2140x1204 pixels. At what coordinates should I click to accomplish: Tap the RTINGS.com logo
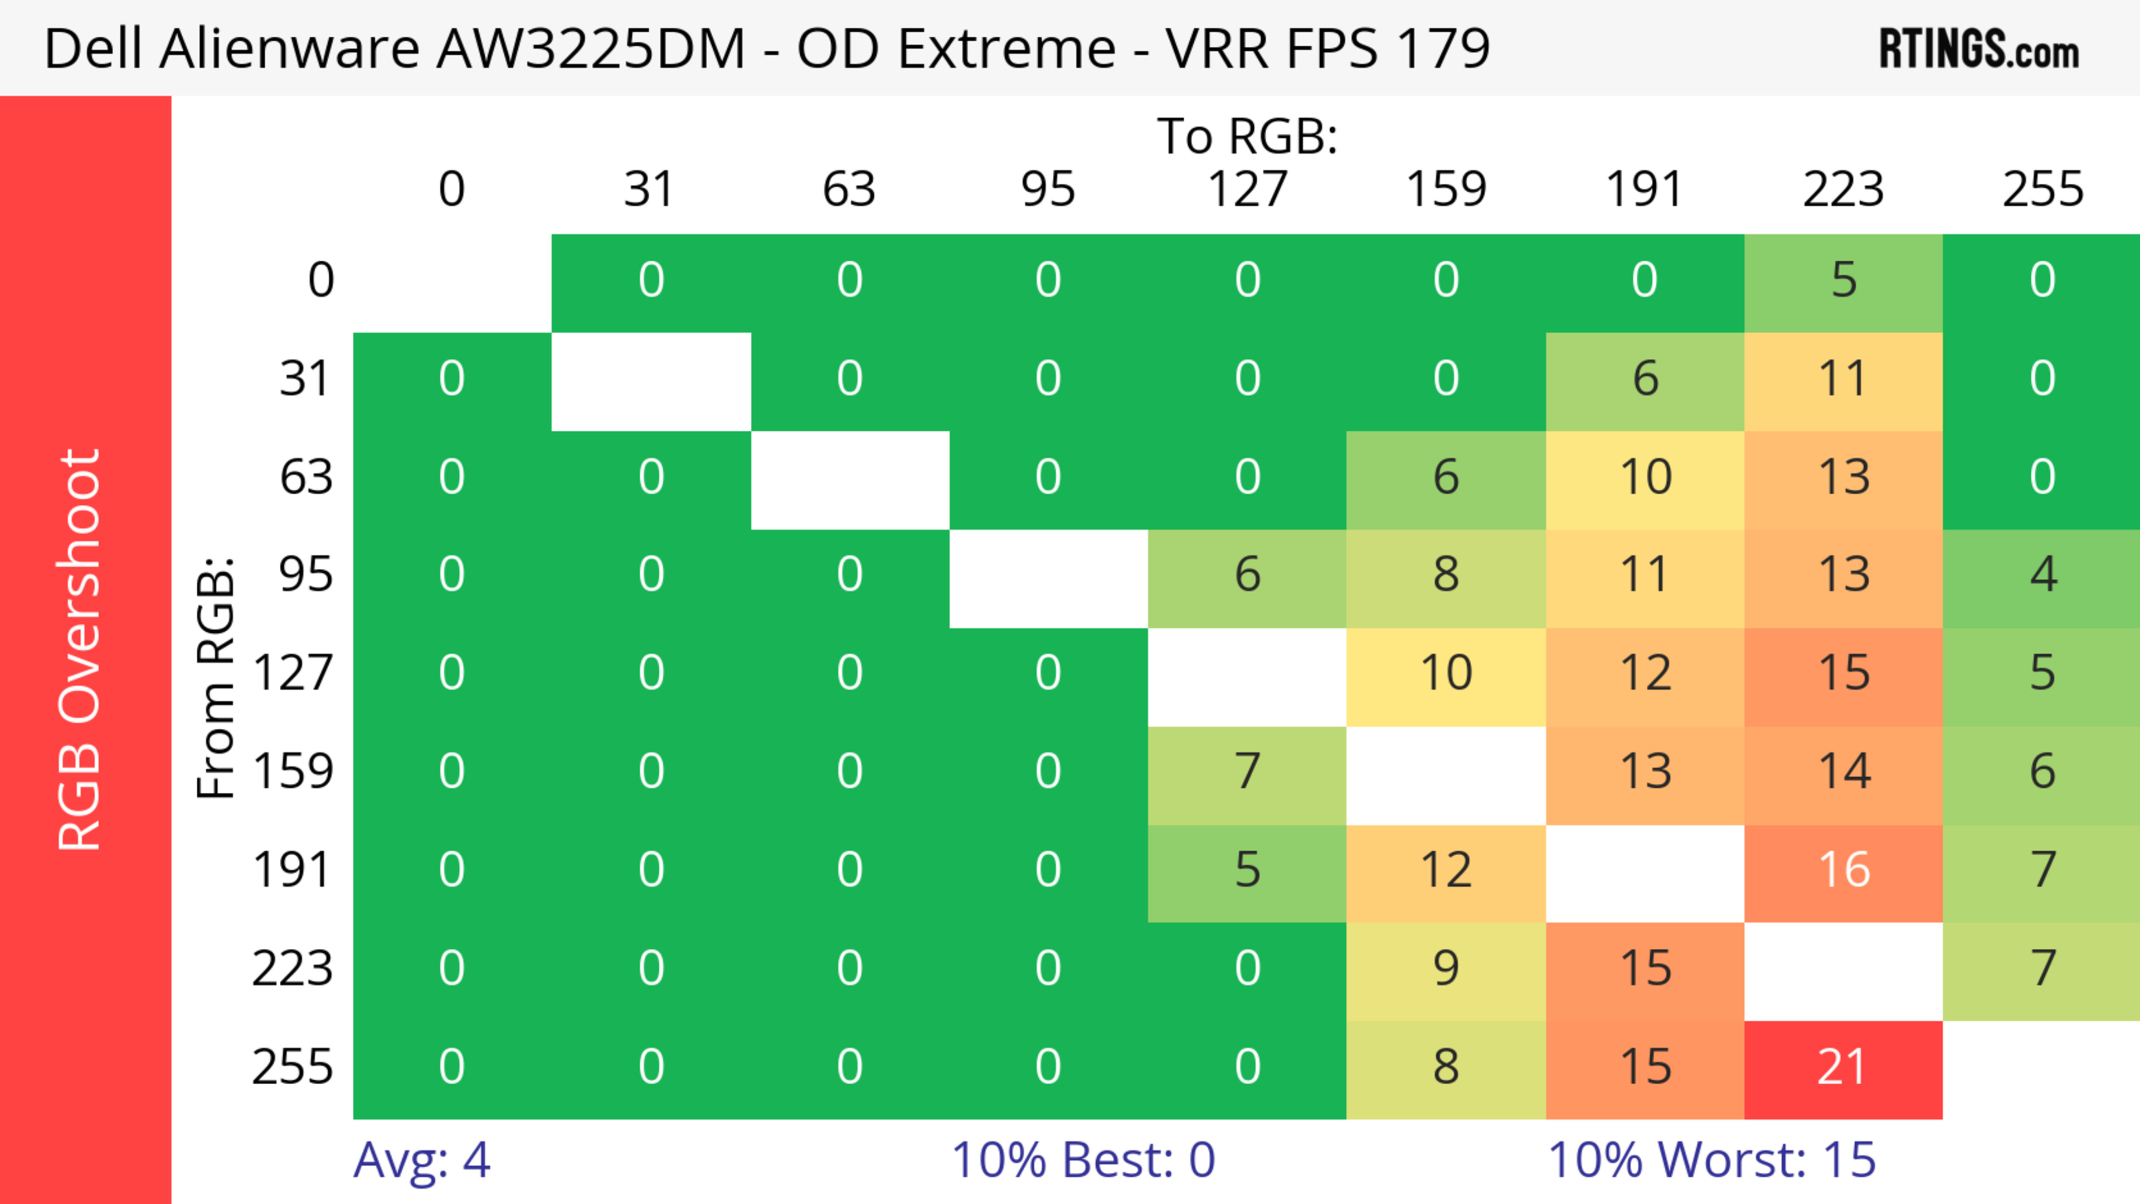click(x=1979, y=48)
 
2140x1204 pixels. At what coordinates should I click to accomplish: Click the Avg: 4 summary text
click(x=421, y=1160)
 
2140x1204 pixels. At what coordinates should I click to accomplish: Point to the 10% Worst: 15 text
click(x=1711, y=1160)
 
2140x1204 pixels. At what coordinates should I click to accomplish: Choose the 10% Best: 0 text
click(x=1082, y=1160)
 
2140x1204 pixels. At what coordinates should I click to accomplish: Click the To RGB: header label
click(x=1247, y=135)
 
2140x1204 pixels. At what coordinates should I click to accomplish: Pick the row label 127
click(x=293, y=672)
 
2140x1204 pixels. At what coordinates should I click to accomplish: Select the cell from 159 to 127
click(x=1247, y=772)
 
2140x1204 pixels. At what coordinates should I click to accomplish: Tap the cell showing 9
click(x=1446, y=969)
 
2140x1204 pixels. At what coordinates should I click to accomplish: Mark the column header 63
click(x=849, y=189)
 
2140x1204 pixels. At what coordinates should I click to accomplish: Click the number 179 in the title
click(x=1442, y=48)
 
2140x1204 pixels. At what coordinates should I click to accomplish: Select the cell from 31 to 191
click(x=1645, y=379)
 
